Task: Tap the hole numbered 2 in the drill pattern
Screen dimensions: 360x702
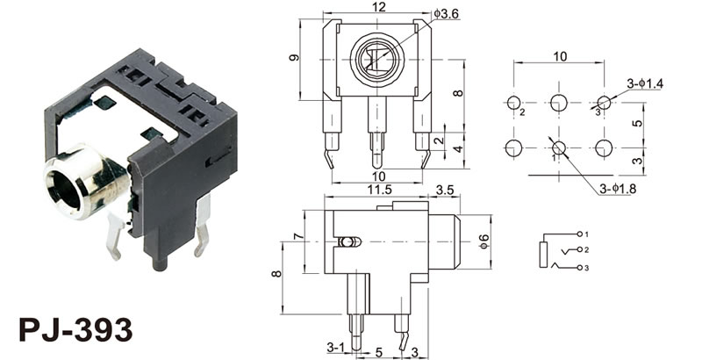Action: tap(514, 103)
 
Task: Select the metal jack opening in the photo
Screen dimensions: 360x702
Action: tap(66, 185)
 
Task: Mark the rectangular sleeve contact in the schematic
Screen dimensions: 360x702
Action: tap(545, 256)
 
